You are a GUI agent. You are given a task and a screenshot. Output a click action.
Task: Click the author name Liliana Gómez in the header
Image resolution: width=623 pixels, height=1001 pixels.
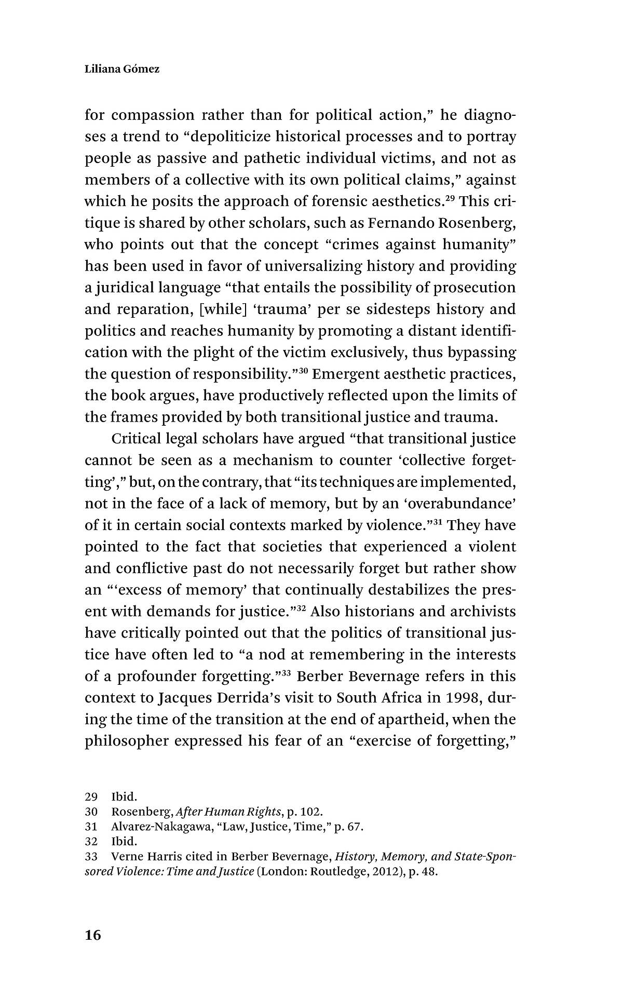click(x=122, y=69)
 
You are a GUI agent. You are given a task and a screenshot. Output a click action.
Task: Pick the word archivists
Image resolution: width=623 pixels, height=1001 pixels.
click(x=483, y=612)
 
